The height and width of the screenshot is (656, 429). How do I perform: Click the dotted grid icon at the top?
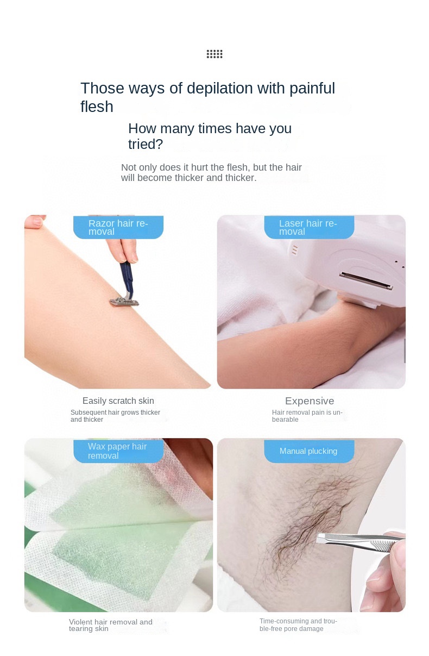click(214, 54)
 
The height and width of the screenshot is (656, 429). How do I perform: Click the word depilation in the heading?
click(216, 89)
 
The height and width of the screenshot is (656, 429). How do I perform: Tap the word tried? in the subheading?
click(146, 144)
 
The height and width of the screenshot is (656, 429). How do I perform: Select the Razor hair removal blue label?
click(118, 227)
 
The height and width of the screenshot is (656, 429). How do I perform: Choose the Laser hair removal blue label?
click(308, 227)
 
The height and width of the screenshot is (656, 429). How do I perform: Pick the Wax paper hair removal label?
click(118, 451)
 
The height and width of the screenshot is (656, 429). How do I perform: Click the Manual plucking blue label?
click(308, 451)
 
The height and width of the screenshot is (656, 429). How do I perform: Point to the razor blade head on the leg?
click(123, 300)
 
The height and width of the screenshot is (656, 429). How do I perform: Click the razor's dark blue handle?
click(127, 275)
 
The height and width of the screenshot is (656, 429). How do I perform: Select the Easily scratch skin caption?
click(118, 401)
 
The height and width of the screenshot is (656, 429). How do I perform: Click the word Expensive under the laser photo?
click(310, 401)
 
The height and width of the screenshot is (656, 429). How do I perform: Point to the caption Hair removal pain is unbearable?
click(307, 416)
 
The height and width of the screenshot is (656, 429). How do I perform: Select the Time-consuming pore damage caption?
click(298, 625)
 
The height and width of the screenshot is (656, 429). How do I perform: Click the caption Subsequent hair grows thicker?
click(115, 416)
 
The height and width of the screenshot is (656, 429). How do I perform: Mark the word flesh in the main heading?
click(97, 107)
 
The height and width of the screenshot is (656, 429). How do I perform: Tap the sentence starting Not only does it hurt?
click(211, 173)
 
